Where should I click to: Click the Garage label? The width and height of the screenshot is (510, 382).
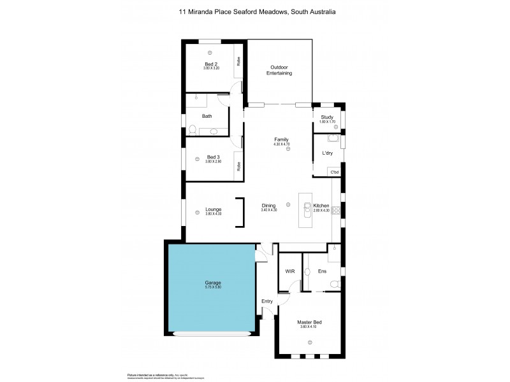click(x=214, y=282)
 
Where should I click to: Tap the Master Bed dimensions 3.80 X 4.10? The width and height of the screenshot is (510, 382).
click(x=309, y=328)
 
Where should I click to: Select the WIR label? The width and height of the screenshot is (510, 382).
click(x=289, y=271)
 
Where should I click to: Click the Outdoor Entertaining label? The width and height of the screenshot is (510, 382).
click(x=279, y=70)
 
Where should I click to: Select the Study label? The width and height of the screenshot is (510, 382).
click(x=327, y=117)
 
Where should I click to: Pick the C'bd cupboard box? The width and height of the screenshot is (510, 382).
click(x=333, y=172)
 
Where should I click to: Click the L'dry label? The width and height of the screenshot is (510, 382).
click(x=328, y=153)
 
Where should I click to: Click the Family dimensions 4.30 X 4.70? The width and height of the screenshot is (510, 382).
click(x=281, y=144)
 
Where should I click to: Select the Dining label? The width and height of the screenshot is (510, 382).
click(x=268, y=206)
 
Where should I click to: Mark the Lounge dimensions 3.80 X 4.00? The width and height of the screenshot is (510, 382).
click(x=213, y=214)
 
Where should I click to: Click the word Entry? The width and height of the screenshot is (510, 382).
click(x=267, y=301)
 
